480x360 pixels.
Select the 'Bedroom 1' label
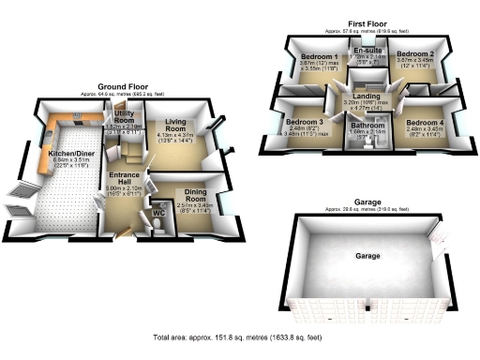pos(321,56)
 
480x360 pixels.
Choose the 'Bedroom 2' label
pos(414,56)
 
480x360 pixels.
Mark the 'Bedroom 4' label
pos(425,123)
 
